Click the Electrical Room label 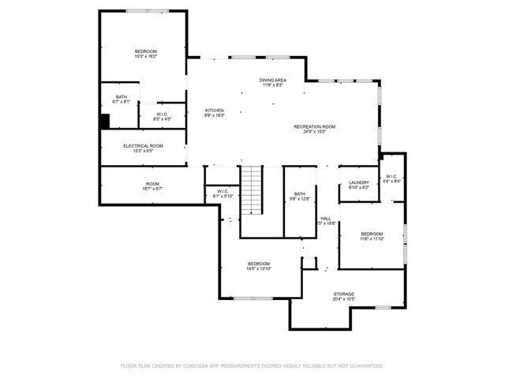[143, 146]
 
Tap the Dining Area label [273, 81]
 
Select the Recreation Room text [315, 127]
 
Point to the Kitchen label [215, 111]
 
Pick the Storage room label [343, 294]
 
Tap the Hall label [325, 218]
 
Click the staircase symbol [252, 190]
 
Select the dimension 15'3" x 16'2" [146, 57]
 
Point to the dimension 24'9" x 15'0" [315, 132]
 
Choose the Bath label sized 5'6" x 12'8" [300, 194]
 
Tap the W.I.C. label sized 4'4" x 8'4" [391, 176]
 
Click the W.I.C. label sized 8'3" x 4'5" [161, 114]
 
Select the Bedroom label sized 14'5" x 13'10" [259, 264]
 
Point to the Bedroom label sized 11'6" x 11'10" [372, 234]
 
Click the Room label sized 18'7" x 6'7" [152, 184]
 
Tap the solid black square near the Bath [104, 122]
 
